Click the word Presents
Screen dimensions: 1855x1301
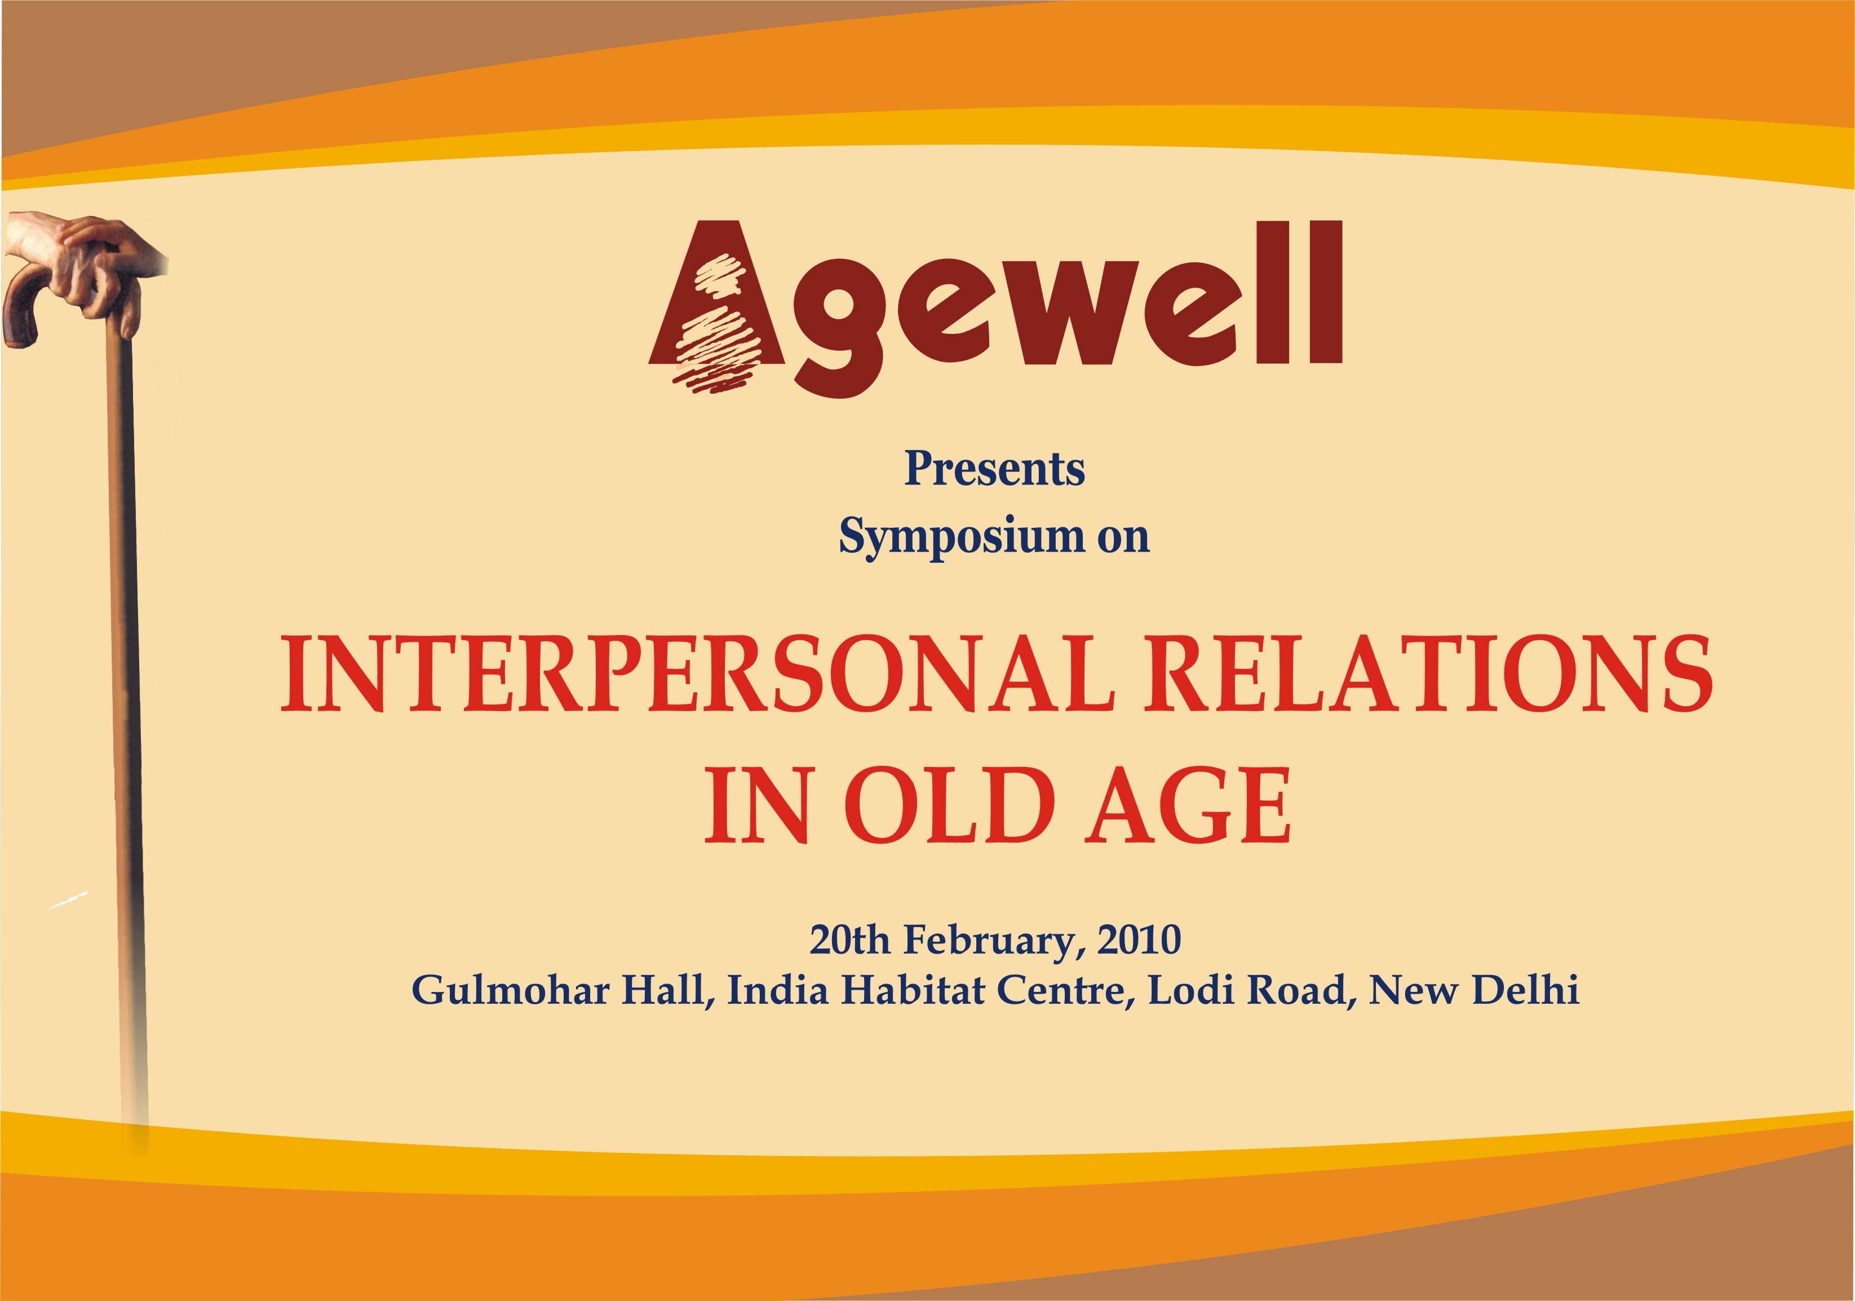point(994,468)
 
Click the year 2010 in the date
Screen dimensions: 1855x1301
point(1139,940)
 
